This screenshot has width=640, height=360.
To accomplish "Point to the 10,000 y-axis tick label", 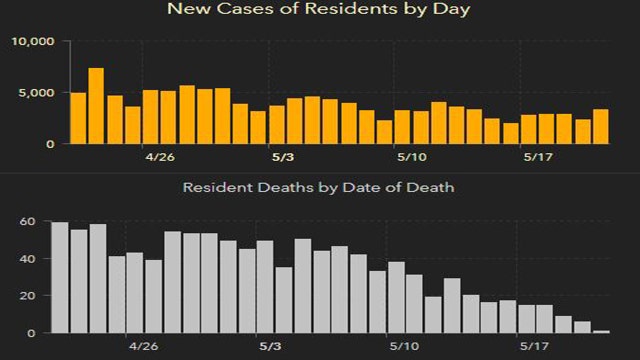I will [36, 42].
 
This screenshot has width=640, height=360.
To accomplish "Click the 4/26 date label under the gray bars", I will [144, 346].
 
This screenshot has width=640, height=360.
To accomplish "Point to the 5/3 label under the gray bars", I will [272, 346].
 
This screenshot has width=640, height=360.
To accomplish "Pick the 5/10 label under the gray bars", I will [405, 346].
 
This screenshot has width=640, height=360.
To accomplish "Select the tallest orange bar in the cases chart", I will [96, 106].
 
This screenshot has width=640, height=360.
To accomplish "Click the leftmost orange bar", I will [78, 118].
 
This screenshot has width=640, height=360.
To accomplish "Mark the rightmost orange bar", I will [600, 126].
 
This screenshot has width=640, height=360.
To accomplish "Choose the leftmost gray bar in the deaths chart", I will [59, 277].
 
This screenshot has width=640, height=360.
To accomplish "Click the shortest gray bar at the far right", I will [601, 331].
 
